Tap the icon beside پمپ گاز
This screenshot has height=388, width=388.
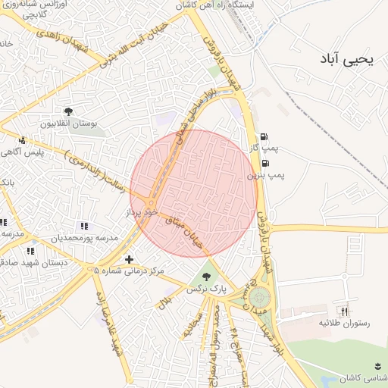click(x=264, y=136)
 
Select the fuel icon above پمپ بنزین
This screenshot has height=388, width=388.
click(x=264, y=163)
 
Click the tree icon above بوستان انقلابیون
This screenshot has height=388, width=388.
click(x=69, y=112)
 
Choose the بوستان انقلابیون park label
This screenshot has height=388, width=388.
click(x=68, y=124)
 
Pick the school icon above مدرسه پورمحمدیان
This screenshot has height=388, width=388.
click(x=83, y=226)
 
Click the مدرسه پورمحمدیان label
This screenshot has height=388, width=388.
click(x=85, y=238)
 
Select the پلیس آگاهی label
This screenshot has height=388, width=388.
click(x=43, y=152)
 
